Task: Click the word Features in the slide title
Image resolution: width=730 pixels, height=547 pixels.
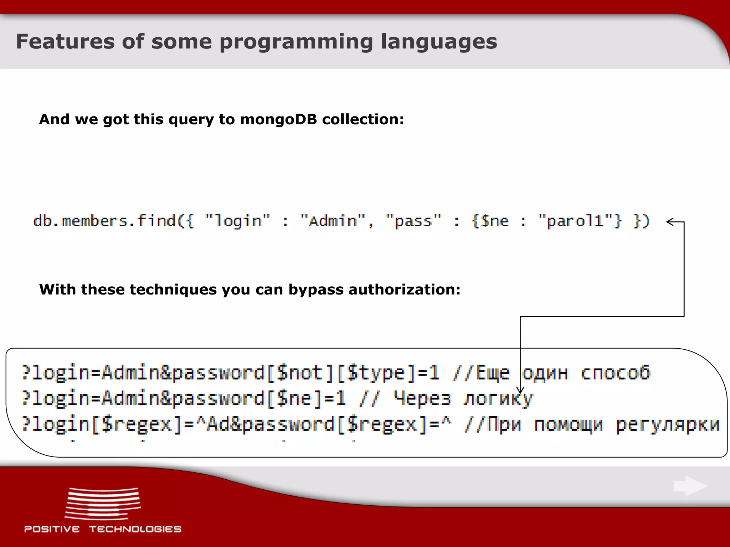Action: pyautogui.click(x=65, y=42)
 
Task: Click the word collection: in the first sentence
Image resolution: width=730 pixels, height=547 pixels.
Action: pyautogui.click(x=363, y=119)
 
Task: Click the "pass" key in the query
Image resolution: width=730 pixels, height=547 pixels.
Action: pyautogui.click(x=413, y=221)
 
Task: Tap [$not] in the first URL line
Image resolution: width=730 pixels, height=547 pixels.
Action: pyautogui.click(x=300, y=373)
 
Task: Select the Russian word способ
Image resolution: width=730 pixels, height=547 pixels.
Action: pyautogui.click(x=616, y=373)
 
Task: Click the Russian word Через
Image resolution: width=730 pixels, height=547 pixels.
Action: pyautogui.click(x=422, y=398)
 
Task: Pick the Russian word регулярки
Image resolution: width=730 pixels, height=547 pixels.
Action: pyautogui.click(x=668, y=424)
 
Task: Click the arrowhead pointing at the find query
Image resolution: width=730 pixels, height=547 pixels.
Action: pyautogui.click(x=670, y=222)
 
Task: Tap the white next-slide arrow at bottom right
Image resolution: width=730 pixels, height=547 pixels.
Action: pyautogui.click(x=690, y=486)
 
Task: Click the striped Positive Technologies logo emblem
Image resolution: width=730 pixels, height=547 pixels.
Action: pyautogui.click(x=103, y=504)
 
